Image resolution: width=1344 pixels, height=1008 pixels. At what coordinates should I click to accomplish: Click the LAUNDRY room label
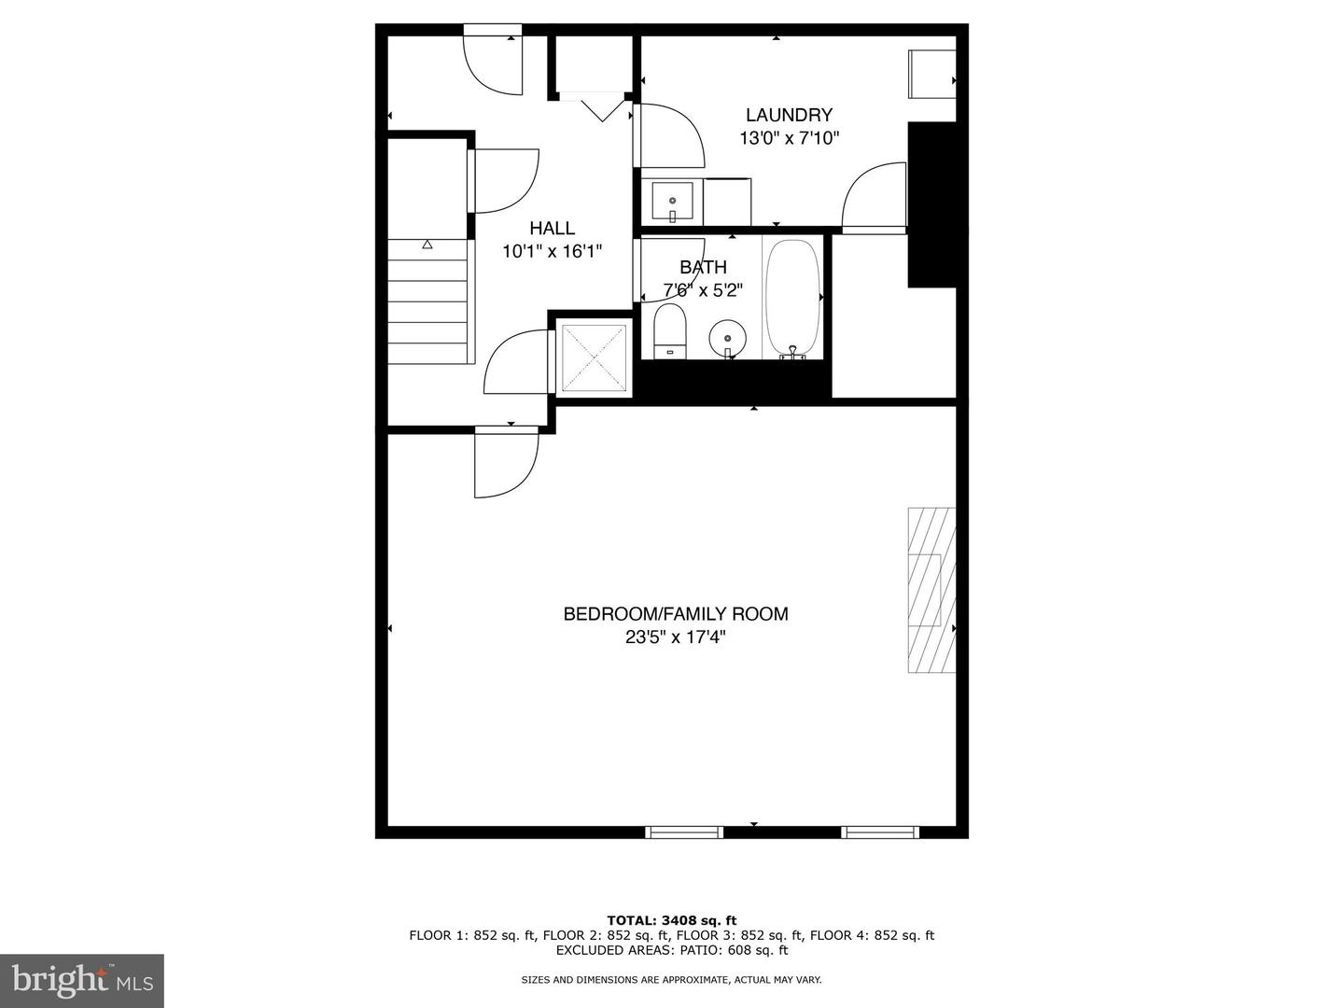pos(789,115)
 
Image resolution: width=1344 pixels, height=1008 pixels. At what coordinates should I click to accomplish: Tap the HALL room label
pos(552,228)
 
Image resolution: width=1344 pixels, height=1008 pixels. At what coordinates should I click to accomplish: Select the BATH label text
pos(703,268)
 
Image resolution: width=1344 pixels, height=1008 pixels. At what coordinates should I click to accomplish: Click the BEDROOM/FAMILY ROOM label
pos(675,613)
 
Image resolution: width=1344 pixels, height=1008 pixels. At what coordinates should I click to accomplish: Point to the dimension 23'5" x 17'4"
pos(675,638)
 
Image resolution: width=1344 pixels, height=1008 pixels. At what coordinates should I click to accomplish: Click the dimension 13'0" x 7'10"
pos(790,139)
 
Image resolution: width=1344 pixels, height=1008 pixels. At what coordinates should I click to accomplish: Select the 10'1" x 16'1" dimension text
pos(552,251)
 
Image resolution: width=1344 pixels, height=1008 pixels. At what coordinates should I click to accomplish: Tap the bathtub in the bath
pos(792,297)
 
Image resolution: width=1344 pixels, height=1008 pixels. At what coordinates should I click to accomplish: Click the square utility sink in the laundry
pos(672,201)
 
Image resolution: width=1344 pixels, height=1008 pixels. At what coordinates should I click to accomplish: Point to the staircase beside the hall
pos(427,301)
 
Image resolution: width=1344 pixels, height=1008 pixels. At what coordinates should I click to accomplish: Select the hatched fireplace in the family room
pos(931,590)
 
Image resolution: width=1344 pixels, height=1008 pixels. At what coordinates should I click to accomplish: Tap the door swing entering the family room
pos(505,463)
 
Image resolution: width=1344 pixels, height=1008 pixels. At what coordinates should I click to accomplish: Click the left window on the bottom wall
pos(684,832)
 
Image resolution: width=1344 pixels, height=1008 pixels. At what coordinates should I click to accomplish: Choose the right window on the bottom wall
pos(880,832)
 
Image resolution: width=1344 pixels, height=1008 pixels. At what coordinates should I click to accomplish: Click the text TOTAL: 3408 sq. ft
pos(671,920)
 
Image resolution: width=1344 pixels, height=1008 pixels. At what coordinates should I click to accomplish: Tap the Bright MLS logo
pos(82,980)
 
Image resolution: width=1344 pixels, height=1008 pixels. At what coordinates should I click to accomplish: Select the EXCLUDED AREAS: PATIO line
pos(671,950)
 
